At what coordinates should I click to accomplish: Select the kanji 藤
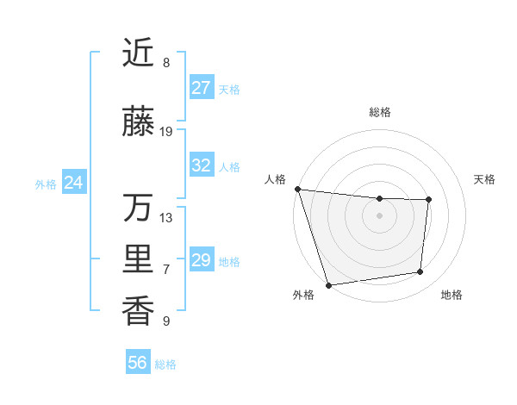tap(138, 122)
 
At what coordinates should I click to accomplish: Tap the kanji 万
tap(138, 208)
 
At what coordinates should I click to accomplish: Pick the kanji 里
tap(138, 259)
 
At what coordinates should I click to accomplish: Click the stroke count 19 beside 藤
tap(166, 132)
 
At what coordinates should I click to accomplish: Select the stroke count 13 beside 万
tap(166, 217)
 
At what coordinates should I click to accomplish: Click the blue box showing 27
tap(201, 88)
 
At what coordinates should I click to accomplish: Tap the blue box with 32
tap(201, 165)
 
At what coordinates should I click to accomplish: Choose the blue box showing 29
tap(201, 260)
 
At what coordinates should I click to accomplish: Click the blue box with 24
tap(74, 183)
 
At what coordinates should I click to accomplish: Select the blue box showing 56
tap(137, 363)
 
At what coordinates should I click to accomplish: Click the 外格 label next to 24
tap(46, 184)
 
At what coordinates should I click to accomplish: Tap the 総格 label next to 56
tap(165, 364)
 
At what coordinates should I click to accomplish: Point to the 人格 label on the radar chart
tap(276, 179)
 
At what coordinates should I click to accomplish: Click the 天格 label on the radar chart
tap(485, 179)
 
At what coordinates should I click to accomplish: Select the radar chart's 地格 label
tap(452, 295)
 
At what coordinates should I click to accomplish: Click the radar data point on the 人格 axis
tap(297, 189)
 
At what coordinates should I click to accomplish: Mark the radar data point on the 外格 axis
tap(328, 284)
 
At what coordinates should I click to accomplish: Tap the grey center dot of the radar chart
tap(379, 215)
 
